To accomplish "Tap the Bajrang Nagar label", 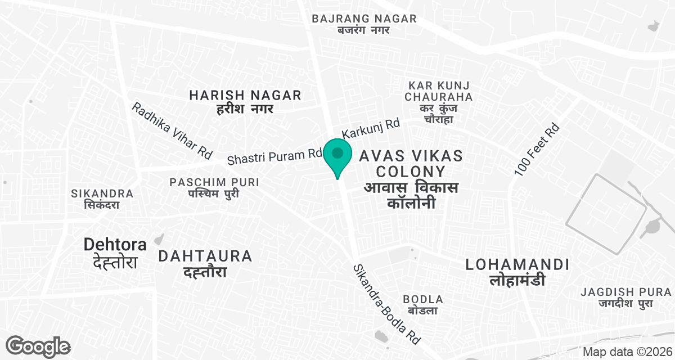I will point(364,24).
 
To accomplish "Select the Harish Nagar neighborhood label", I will point(245,101).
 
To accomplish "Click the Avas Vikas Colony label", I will point(411,179).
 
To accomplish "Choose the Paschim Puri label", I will point(214,187).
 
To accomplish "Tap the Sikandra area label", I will point(102,199).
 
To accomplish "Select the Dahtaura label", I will point(205,263).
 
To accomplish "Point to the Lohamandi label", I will point(517,271).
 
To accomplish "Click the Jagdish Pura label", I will point(626,297).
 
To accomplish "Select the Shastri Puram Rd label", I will point(274,156).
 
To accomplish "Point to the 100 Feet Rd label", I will point(537,149).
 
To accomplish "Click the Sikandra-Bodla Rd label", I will point(386,304).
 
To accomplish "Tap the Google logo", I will point(38,346).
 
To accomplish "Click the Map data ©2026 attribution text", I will point(627,352).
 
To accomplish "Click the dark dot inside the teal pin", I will point(337,152).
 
